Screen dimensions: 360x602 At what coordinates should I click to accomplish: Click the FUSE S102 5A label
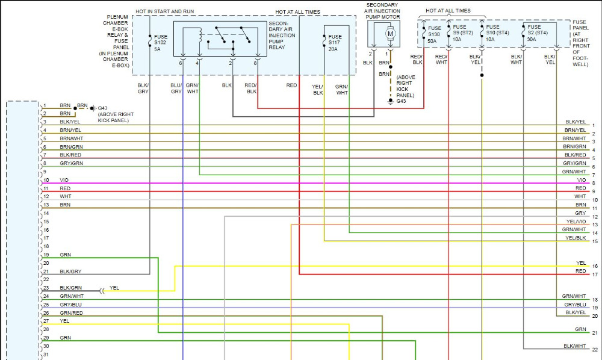coord(161,42)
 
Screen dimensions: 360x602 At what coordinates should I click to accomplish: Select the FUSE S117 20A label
coord(335,42)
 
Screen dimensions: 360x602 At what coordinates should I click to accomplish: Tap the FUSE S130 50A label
coord(434,34)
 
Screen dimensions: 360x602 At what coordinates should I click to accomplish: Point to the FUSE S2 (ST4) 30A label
coord(537,33)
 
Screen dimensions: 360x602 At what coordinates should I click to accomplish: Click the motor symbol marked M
coord(390,34)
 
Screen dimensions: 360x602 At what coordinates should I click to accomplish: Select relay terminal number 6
coord(180,63)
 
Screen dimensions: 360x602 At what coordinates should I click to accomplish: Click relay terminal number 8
coord(255,63)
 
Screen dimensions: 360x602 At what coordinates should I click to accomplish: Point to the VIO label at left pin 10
coord(64,180)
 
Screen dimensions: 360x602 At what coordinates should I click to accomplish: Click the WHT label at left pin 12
coord(65,196)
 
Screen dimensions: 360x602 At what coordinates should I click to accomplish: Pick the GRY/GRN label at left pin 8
coord(71,163)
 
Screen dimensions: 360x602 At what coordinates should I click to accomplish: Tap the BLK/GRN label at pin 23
coord(71,288)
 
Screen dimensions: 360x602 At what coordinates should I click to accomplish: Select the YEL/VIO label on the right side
coord(576,221)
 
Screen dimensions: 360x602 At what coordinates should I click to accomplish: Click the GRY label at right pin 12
coord(580,213)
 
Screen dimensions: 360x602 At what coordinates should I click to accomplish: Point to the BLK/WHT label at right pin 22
coord(575,346)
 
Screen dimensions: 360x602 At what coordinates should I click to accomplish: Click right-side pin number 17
coord(594,275)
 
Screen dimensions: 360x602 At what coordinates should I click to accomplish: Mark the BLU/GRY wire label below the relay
coord(176,88)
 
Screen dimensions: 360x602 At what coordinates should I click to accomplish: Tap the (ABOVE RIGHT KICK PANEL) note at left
coord(116,117)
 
